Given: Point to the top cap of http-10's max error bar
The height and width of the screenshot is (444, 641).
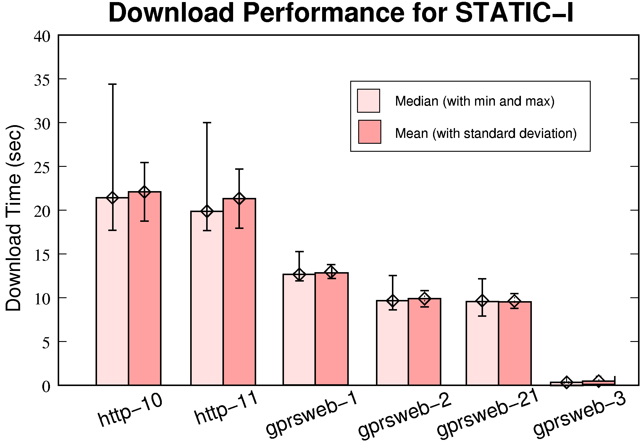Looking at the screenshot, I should (112, 84).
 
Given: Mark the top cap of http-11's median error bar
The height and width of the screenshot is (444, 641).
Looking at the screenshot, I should (207, 122).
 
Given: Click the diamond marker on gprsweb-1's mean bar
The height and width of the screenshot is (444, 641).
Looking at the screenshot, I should (331, 272).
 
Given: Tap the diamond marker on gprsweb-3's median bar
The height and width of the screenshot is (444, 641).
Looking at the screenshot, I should (566, 382).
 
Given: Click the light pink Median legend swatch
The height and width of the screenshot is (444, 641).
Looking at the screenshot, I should (368, 101).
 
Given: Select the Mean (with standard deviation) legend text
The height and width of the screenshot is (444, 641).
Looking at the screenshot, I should (486, 133).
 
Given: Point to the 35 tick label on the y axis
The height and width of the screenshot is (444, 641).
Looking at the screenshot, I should (42, 80).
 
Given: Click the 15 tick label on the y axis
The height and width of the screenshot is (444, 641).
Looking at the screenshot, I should (42, 255).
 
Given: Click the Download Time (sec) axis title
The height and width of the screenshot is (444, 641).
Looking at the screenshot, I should (14, 218).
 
